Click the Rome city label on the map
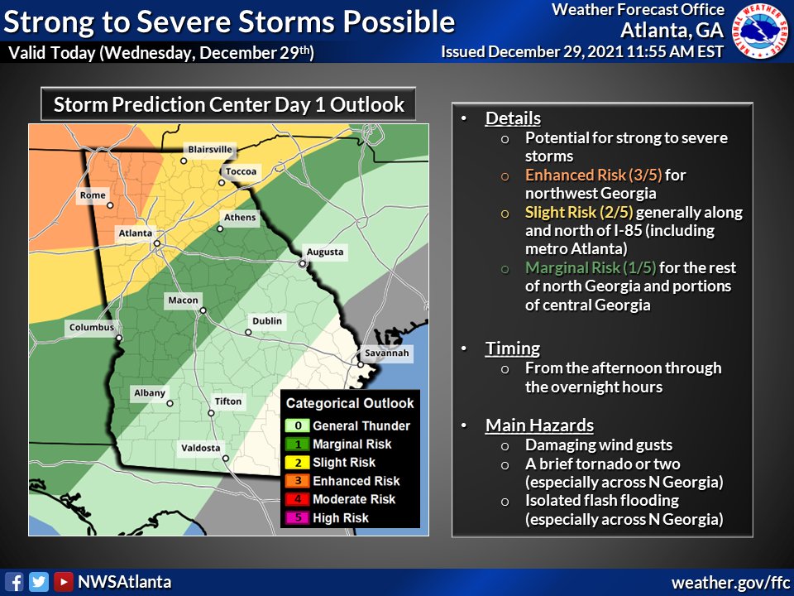point(92,195)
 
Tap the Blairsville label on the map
point(212,150)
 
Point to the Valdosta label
point(201,448)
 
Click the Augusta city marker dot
point(303,263)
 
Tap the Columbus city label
point(92,327)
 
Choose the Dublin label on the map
point(267,320)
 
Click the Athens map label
point(240,218)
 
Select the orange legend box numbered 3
point(296,481)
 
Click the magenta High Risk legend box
point(296,518)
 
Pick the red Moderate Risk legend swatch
point(296,499)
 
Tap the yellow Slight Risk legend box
point(296,463)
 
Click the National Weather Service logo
point(761,32)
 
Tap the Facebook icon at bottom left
point(13,582)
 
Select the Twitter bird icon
point(38,582)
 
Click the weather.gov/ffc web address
point(729,582)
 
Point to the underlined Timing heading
point(512,348)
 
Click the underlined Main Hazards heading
point(539,425)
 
